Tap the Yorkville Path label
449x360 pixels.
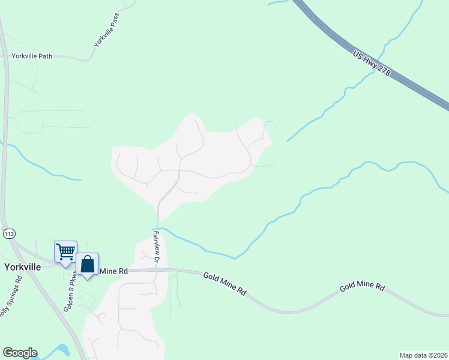pyautogui.click(x=32, y=56)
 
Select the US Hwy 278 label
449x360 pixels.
pyautogui.click(x=372, y=64)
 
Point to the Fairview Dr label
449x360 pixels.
pyautogui.click(x=156, y=247)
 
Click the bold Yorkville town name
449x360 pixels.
pyautogui.click(x=23, y=267)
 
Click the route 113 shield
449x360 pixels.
pyautogui.click(x=8, y=233)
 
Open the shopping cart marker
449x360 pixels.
pyautogui.click(x=65, y=252)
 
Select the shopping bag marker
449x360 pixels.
pyautogui.click(x=88, y=264)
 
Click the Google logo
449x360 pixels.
pyautogui.click(x=20, y=353)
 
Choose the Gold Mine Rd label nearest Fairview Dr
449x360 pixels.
pyautogui.click(x=224, y=284)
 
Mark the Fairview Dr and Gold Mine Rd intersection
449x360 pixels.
pyautogui.click(x=157, y=270)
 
